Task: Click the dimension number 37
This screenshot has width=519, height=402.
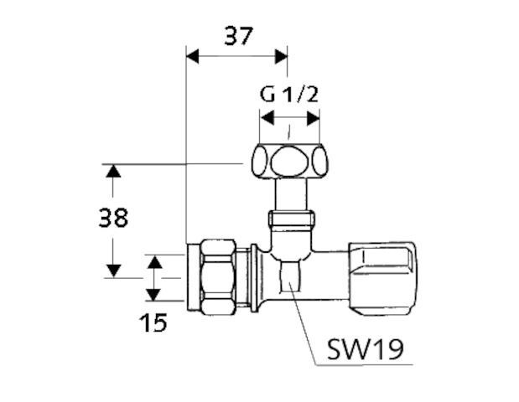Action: click(238, 35)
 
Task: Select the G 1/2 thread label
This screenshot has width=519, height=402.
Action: click(289, 93)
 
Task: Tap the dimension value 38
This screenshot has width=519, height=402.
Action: click(113, 219)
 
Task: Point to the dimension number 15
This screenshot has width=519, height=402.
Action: click(153, 322)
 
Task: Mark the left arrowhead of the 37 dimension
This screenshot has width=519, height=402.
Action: click(190, 57)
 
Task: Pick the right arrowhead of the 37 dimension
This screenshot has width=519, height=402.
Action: click(281, 57)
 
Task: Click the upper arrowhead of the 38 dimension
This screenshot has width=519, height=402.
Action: click(113, 172)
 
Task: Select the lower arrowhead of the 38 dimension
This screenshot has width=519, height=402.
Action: click(113, 270)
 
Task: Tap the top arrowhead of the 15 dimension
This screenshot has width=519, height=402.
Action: click(153, 262)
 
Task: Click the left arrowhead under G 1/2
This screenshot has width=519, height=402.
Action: click(264, 117)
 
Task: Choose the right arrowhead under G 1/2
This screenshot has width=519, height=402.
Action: click(314, 117)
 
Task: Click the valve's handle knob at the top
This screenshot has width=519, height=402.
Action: click(288, 161)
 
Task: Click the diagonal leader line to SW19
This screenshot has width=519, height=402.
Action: click(304, 327)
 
